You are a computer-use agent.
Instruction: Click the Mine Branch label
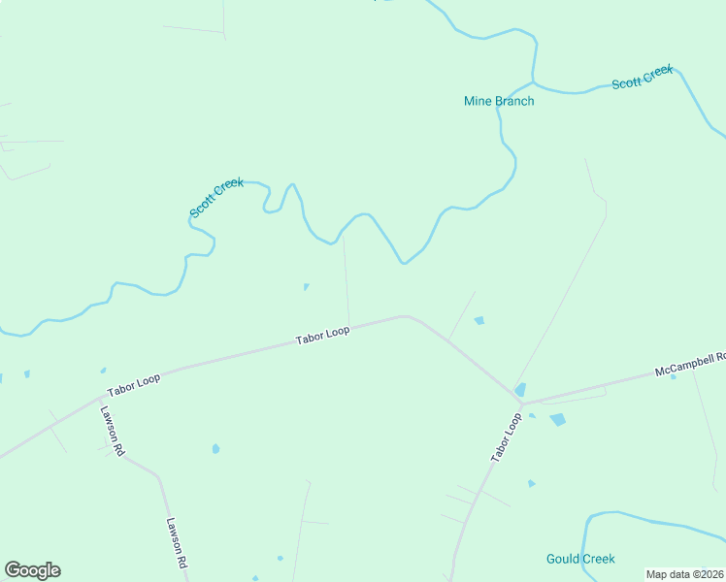(499, 101)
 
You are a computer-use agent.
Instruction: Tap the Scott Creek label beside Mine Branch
(642, 77)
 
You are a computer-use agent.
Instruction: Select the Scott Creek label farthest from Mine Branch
(216, 197)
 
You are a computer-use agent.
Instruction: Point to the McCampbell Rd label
(690, 364)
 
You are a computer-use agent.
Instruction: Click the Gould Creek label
(580, 559)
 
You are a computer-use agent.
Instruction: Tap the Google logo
(32, 570)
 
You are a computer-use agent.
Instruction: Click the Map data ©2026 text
(684, 573)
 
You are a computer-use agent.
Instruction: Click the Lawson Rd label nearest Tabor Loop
(111, 431)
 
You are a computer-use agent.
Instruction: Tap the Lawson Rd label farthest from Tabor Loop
(176, 542)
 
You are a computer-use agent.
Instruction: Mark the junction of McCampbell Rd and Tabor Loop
(521, 401)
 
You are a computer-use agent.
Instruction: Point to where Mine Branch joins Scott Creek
(533, 81)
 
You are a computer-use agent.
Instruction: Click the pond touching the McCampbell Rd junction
(521, 390)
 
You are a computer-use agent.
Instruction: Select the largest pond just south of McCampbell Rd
(557, 420)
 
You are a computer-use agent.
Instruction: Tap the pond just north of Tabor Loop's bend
(478, 320)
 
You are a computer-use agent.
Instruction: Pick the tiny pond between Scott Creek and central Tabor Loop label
(306, 286)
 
